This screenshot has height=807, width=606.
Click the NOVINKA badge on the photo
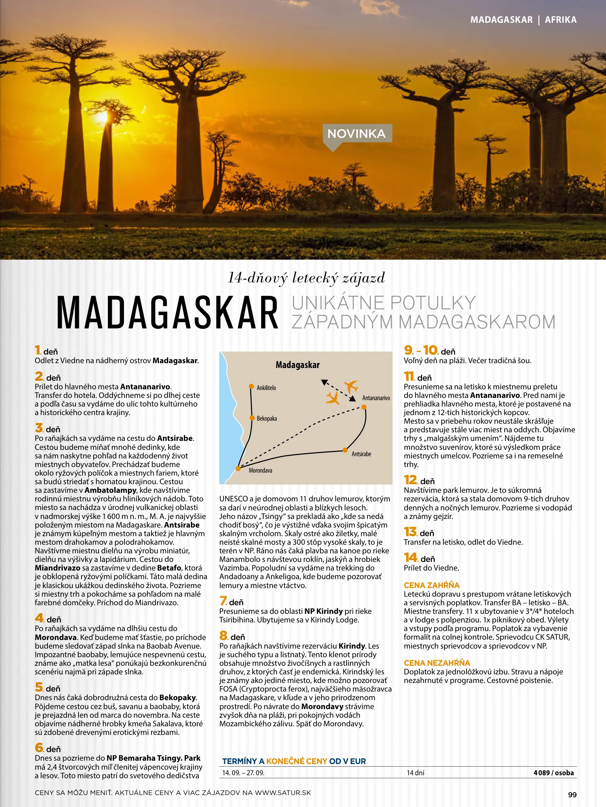click(357, 133)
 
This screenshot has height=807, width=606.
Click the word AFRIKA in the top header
click(560, 20)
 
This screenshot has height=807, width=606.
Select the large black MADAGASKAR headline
click(167, 313)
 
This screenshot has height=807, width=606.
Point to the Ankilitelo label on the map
click(266, 388)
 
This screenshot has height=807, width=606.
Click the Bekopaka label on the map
click(267, 418)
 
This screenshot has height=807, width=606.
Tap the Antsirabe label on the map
click(361, 454)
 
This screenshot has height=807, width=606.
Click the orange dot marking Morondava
click(238, 469)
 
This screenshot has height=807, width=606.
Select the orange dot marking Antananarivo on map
click(364, 407)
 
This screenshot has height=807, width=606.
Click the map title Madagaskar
click(298, 365)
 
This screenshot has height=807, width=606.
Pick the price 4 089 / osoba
click(553, 773)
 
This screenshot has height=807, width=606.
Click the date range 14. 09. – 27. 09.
click(243, 773)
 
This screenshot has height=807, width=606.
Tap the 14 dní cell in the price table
click(415, 773)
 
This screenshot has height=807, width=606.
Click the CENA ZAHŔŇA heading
click(431, 585)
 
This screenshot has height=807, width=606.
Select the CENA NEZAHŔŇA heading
click(437, 663)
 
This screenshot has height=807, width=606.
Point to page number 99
click(572, 795)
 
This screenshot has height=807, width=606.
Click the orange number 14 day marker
click(410, 558)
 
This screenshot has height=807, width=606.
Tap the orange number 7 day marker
click(224, 601)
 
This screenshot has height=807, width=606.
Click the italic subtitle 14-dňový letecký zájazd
click(306, 278)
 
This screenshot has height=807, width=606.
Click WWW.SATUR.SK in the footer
click(283, 793)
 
